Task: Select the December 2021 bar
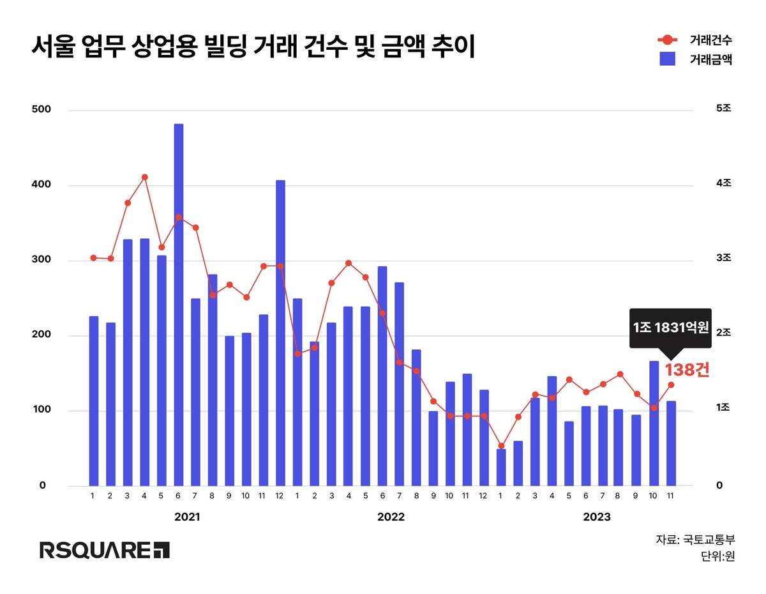tap(280, 332)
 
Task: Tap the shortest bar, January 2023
tap(501, 467)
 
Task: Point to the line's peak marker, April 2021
tap(145, 177)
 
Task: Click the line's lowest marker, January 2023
tap(501, 446)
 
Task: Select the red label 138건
tap(687, 370)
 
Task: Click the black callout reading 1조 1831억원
tap(670, 328)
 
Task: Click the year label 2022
tap(391, 517)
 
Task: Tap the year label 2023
tap(596, 517)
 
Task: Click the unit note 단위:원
tap(717, 556)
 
